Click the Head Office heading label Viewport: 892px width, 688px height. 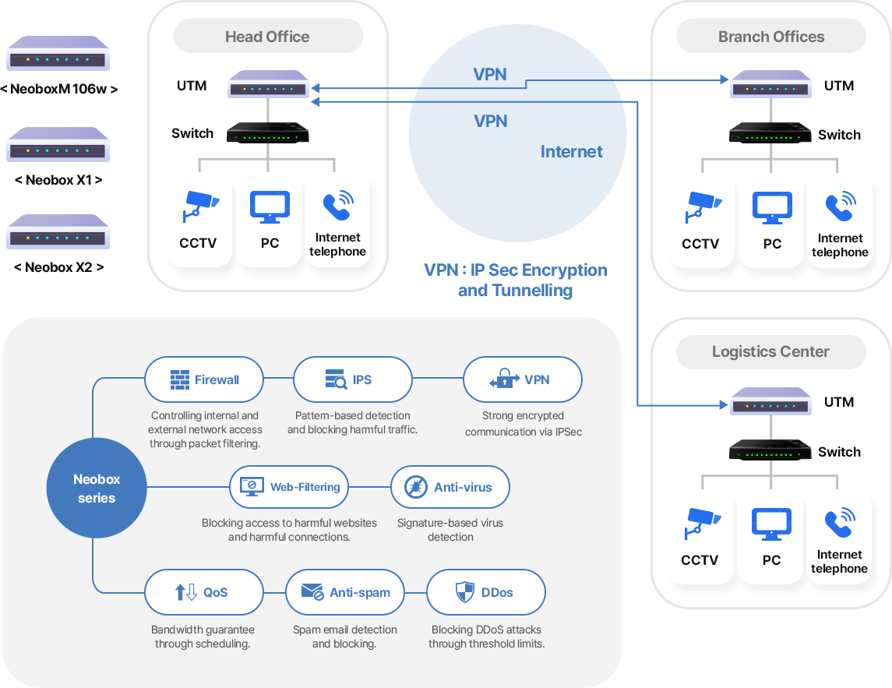tap(267, 37)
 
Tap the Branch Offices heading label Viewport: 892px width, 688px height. tap(770, 37)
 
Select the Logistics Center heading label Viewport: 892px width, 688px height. tap(770, 351)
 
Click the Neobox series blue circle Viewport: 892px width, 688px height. tap(97, 489)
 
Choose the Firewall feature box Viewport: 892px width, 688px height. tap(204, 380)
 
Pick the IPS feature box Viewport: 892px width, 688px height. tap(352, 380)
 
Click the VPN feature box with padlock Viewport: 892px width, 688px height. tap(522, 380)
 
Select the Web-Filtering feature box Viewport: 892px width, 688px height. tap(289, 487)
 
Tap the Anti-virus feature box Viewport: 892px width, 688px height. tap(450, 487)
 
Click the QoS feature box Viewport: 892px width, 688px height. tap(203, 592)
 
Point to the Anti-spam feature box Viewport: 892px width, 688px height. tap(345, 592)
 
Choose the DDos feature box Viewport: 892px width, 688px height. tap(485, 592)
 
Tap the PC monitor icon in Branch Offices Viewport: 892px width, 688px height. tap(772, 207)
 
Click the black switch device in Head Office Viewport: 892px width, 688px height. tap(268, 133)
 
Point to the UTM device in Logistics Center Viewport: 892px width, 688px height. tap(771, 401)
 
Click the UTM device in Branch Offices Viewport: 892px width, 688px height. tap(771, 85)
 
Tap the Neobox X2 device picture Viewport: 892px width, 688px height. tap(58, 232)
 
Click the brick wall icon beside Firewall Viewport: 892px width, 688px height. tap(180, 380)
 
